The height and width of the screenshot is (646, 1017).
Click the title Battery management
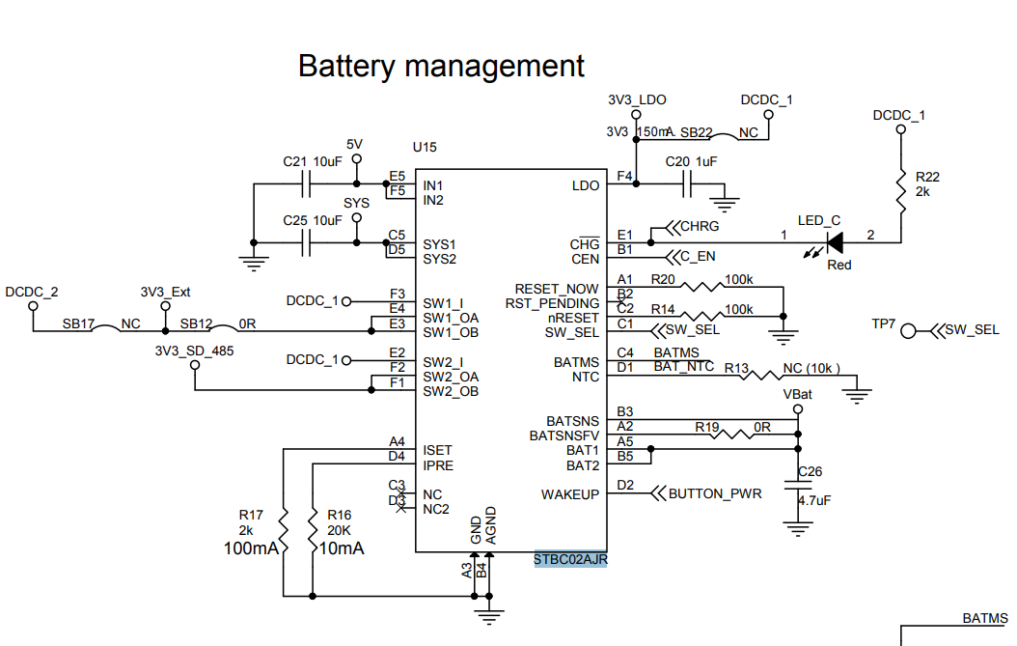[441, 67]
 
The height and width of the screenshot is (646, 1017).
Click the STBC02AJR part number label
[570, 559]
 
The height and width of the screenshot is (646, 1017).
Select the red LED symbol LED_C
[834, 240]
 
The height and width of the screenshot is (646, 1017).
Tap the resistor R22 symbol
[901, 196]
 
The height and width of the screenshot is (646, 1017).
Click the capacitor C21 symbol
[309, 183]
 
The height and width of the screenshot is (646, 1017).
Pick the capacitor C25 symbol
[309, 241]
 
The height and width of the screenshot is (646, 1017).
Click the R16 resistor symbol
[314, 528]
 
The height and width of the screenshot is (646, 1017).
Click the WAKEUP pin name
[570, 494]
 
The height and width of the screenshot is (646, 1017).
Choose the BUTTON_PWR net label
[715, 494]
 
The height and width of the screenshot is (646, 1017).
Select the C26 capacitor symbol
[797, 489]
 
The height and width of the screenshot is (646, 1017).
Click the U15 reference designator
[425, 148]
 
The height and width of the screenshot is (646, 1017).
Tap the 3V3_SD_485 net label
[194, 351]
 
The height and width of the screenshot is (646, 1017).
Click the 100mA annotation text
[251, 548]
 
